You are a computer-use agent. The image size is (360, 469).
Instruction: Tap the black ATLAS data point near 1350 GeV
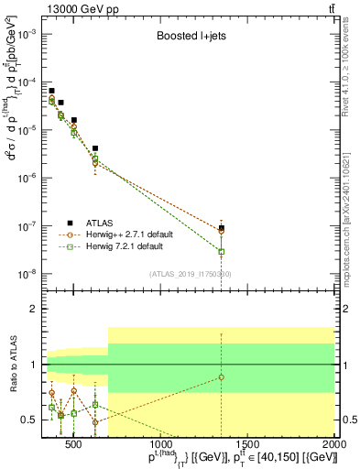coord(221,228)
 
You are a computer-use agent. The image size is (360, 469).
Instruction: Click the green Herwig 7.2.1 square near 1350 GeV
coord(221,251)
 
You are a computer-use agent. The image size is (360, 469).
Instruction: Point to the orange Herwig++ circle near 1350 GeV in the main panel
coord(221,232)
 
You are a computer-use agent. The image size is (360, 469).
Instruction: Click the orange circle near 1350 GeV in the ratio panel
coord(221,377)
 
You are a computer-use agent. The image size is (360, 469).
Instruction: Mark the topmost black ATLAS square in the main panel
coord(51,91)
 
